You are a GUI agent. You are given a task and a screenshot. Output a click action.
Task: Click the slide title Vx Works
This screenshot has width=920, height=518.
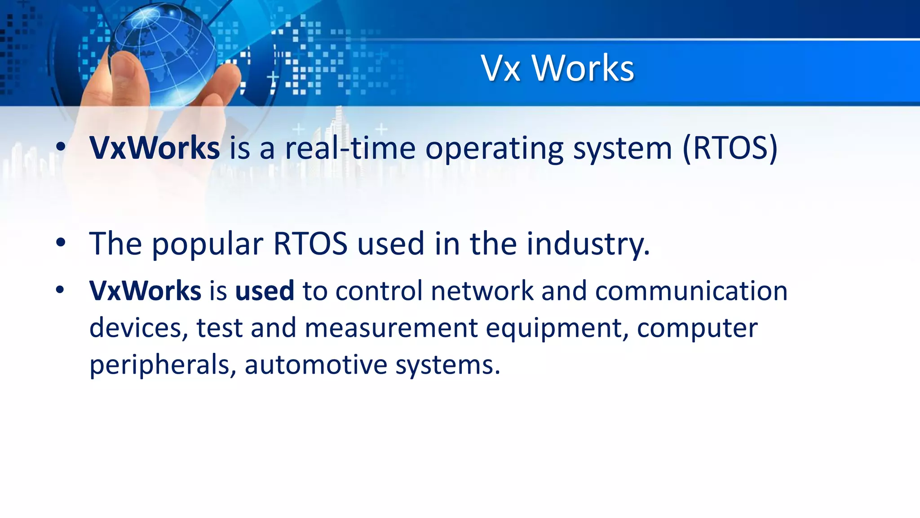[557, 68]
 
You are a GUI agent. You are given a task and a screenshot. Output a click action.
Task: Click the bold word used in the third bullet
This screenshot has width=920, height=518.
[265, 291]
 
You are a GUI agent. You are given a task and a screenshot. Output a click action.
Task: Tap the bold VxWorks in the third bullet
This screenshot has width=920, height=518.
[145, 291]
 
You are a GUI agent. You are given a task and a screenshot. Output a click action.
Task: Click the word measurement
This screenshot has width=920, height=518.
[391, 328]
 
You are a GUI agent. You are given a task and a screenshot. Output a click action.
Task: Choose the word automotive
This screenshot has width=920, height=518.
[316, 364]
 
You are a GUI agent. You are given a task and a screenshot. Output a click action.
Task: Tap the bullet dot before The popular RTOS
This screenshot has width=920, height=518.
[61, 243]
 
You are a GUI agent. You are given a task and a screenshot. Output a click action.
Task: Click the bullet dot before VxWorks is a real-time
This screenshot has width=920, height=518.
[61, 147]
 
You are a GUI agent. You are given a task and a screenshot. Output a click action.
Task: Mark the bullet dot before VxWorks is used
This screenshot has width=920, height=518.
[61, 290]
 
